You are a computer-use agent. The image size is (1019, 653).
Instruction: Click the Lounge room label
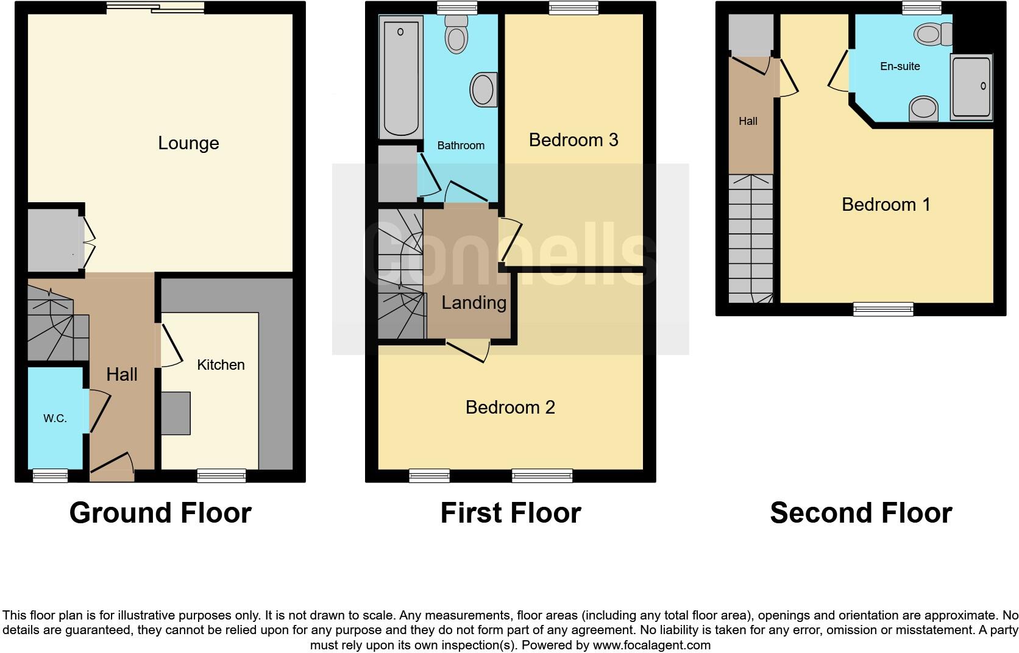pyautogui.click(x=188, y=143)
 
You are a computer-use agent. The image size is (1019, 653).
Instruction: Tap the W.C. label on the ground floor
pyautogui.click(x=55, y=418)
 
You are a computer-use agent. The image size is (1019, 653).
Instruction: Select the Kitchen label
pyautogui.click(x=221, y=365)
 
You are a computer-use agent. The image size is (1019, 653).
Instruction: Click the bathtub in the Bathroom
pyautogui.click(x=400, y=78)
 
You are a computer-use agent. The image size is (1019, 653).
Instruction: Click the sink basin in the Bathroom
pyautogui.click(x=483, y=90)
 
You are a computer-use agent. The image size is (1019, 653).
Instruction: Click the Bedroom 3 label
pyautogui.click(x=573, y=140)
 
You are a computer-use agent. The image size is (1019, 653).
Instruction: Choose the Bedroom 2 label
pyautogui.click(x=510, y=407)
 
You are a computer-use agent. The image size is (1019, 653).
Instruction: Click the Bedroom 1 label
pyautogui.click(x=886, y=204)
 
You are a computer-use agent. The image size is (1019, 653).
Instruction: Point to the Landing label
pyautogui.click(x=474, y=303)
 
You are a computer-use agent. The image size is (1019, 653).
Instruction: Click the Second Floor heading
pyautogui.click(x=861, y=513)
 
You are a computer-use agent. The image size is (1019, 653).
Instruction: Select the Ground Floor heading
pyautogui.click(x=160, y=513)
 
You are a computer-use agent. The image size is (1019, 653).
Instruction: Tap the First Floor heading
pyautogui.click(x=510, y=513)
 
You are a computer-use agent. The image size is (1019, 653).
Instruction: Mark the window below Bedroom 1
pyautogui.click(x=883, y=309)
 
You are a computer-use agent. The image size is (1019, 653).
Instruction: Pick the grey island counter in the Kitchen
pyautogui.click(x=176, y=413)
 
